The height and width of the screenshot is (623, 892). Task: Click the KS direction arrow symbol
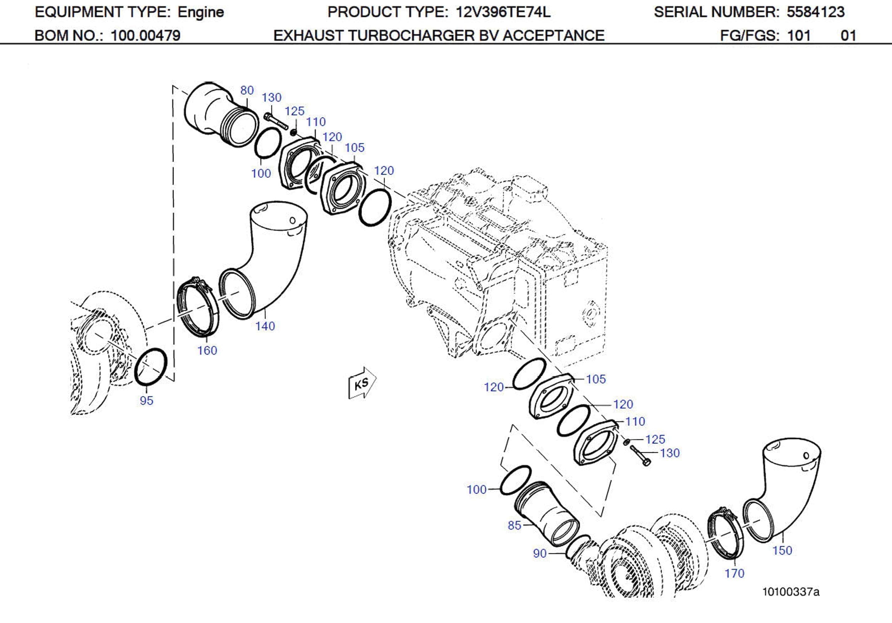tap(362, 384)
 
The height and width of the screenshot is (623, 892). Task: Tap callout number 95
tap(146, 401)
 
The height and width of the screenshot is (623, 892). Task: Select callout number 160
tap(207, 351)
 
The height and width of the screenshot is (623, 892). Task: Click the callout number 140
tap(265, 326)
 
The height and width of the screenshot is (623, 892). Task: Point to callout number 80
tap(247, 90)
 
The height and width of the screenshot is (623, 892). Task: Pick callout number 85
tap(514, 525)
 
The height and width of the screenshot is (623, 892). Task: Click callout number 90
tap(540, 553)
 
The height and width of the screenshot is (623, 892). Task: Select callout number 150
tap(782, 550)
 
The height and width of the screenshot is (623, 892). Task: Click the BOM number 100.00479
tap(146, 36)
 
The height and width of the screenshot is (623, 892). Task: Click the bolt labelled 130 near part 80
tap(275, 121)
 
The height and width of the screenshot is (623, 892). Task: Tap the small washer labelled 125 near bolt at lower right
tap(626, 442)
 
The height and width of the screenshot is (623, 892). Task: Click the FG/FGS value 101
tap(799, 36)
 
